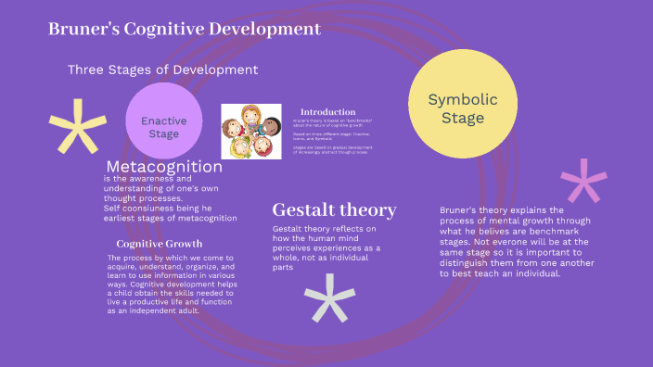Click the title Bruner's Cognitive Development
coord(185,30)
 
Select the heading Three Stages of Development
coord(162,70)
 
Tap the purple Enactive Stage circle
coord(163,121)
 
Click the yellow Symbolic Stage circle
coord(463,104)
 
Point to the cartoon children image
coord(251,131)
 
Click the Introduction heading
coord(328,111)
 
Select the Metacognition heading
coord(164,167)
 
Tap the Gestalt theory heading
coord(334,209)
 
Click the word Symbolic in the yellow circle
coord(463,99)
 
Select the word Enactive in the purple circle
coord(163,120)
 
